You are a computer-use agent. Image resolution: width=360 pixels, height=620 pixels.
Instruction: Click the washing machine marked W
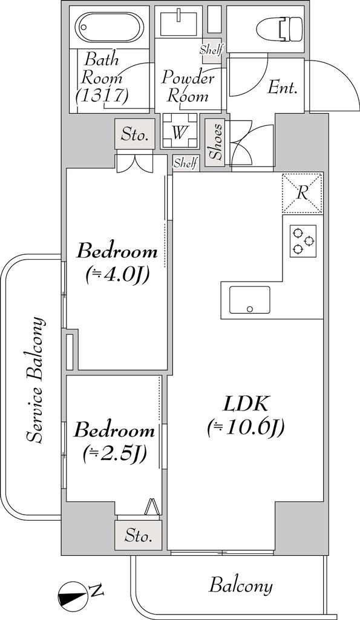[x=180, y=131]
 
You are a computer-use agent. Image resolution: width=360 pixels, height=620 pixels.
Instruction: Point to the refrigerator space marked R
[x=303, y=193]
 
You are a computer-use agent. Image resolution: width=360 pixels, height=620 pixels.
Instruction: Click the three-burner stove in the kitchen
[x=303, y=241]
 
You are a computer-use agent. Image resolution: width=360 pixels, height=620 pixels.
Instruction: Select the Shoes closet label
[x=215, y=142]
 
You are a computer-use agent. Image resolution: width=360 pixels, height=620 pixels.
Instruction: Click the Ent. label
[x=282, y=88]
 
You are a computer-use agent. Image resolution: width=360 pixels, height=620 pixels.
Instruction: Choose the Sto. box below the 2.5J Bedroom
[x=139, y=536]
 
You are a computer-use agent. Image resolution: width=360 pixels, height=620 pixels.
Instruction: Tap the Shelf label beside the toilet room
[x=211, y=50]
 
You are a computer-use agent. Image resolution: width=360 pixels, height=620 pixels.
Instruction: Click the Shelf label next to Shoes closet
[x=186, y=162]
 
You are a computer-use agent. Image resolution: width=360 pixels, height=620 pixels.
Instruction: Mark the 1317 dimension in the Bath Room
[x=103, y=96]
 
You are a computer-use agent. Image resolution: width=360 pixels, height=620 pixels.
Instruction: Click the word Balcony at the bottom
[x=241, y=585]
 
